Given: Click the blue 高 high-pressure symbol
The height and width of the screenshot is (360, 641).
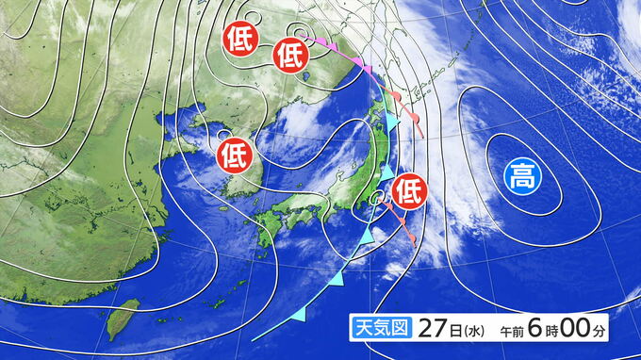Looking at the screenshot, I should point(520,174).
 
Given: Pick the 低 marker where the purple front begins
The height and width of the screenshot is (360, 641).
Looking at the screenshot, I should point(290,57).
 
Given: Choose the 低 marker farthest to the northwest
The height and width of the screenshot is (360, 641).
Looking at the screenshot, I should point(239,40).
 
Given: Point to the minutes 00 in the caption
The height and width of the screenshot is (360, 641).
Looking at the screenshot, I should point(583,328).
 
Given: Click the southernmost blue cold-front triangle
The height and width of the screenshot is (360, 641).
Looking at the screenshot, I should point(300,312).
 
